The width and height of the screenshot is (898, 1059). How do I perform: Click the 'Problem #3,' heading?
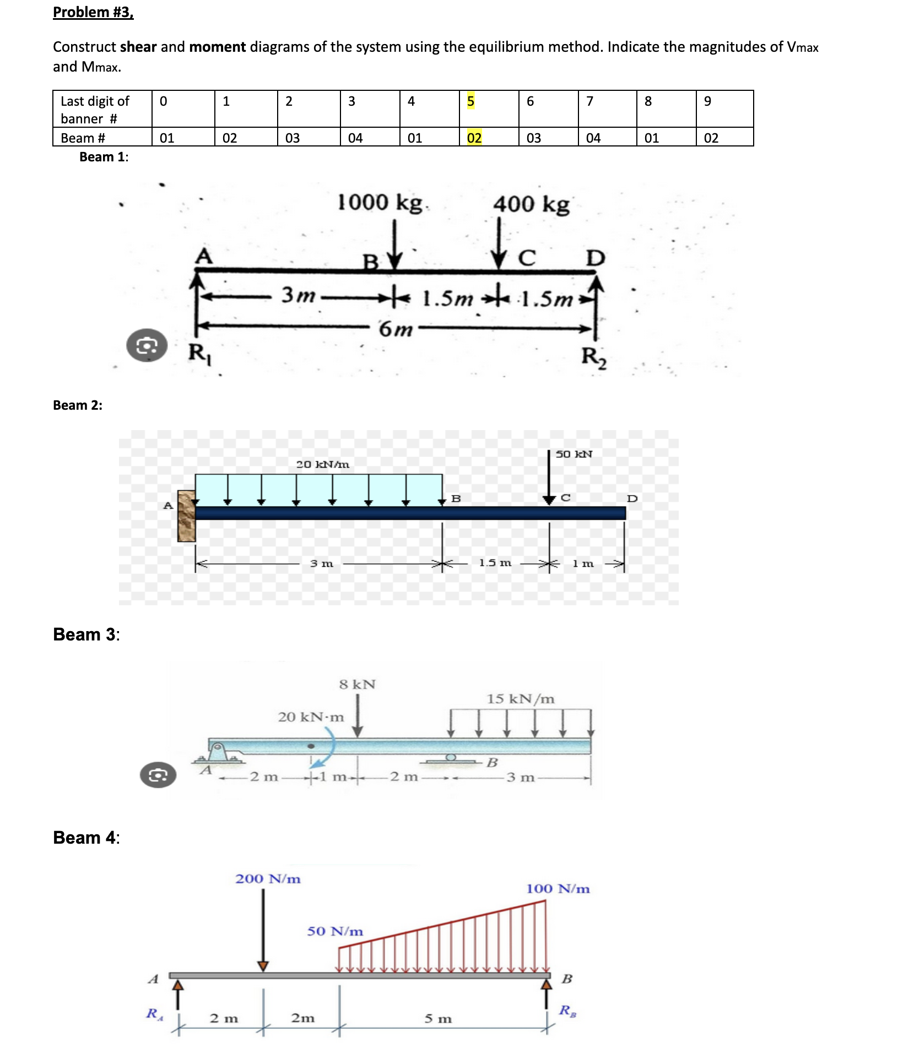click(93, 12)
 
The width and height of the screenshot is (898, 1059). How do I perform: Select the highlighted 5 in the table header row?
click(470, 101)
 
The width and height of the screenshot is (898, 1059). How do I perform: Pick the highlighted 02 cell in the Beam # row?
click(474, 138)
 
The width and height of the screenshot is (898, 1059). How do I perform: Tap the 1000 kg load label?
click(380, 202)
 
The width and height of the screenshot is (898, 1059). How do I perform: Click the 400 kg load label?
click(531, 204)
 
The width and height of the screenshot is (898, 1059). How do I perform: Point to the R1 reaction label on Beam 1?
click(199, 352)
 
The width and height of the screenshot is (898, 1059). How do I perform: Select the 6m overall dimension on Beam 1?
click(396, 329)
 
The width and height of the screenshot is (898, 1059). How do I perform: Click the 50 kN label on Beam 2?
click(574, 454)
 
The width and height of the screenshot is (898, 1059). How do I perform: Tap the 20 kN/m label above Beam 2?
click(322, 464)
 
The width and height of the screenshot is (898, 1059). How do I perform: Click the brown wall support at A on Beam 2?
click(186, 516)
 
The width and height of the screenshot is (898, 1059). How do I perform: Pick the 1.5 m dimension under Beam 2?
click(495, 563)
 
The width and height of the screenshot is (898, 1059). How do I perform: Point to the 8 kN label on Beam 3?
click(357, 685)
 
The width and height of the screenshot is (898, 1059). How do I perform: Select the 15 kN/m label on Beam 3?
click(520, 699)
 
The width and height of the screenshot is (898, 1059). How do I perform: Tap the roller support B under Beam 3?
click(451, 759)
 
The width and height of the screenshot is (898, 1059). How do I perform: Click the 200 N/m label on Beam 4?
click(268, 879)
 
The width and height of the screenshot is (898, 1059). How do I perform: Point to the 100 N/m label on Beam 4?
click(558, 889)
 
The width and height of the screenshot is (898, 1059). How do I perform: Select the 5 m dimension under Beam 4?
click(438, 1019)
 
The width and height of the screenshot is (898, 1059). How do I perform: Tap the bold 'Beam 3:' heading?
click(86, 634)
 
